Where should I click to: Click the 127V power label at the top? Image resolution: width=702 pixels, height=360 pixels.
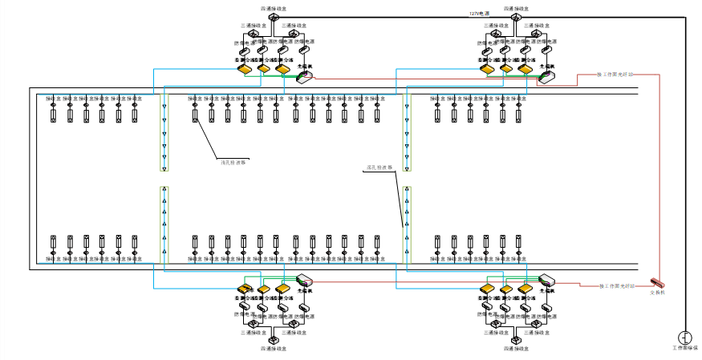pos(479,14)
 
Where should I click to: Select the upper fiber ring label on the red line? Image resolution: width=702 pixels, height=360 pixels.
pos(615,75)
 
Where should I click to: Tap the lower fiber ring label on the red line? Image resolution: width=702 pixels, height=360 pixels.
pos(616,285)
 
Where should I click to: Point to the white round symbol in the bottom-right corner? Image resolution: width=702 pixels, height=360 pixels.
pos(684,338)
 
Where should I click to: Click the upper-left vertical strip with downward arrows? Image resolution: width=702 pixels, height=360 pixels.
pos(164,132)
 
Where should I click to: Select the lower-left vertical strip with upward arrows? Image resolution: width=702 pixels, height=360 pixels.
pos(164,224)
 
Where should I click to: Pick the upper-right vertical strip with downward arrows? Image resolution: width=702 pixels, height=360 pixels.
pos(407,132)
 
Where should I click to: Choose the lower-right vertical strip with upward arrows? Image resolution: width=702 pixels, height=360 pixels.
pos(407,224)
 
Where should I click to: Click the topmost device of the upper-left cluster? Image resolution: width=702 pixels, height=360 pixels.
pos(274,17)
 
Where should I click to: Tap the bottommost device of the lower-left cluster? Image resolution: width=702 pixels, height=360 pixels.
pos(274,341)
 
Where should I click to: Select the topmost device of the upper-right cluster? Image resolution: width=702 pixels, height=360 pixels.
pos(516,17)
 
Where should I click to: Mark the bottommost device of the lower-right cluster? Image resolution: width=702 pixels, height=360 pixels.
pos(516,341)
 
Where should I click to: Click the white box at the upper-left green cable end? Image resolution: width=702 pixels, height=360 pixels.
pos(305,77)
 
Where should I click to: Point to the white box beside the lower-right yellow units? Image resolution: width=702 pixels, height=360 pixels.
pos(547,279)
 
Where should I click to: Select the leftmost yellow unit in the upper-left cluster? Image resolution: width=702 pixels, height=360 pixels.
pos(245,70)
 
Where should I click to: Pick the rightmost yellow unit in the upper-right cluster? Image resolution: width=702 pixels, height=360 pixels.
pos(525,70)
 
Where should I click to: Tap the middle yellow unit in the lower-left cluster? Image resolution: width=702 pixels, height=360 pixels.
pos(264,289)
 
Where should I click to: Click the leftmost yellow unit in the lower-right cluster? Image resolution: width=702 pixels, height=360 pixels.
pos(488,289)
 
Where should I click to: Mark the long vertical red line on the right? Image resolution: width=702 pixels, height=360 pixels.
pos(659,176)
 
